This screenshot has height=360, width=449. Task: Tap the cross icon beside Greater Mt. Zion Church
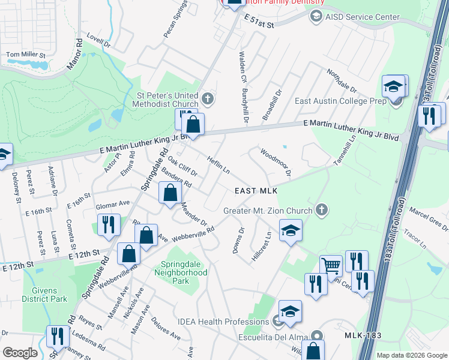[322, 210]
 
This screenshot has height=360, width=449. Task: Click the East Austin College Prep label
[340, 101]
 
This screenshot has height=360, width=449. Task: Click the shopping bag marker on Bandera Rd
[170, 193]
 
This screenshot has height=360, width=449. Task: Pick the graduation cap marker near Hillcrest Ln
[291, 230]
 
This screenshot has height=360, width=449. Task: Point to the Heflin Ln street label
[218, 165]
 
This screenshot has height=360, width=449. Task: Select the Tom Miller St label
[25, 55]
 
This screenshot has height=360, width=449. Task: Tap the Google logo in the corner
[20, 353]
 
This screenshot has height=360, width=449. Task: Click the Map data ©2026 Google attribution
[412, 355]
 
